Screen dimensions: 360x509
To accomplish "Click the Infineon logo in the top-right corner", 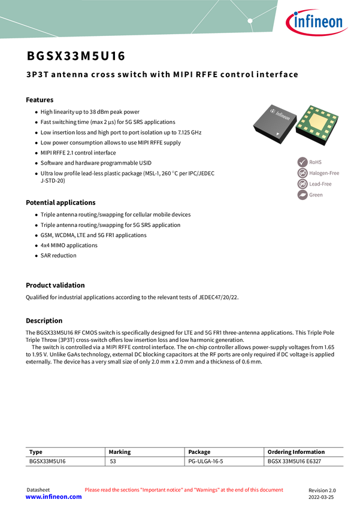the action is tap(317, 23).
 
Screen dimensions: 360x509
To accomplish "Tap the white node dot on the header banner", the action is tap(250, 21).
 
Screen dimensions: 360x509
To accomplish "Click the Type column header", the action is tap(36, 452).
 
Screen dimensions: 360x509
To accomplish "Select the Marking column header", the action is tap(120, 452).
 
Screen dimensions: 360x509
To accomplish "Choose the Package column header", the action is tap(199, 452).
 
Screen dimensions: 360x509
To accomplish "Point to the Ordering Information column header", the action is tap(296, 452).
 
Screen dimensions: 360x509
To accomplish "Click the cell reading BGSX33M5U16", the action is tap(47, 462).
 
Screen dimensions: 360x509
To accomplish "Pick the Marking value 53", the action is tap(113, 462).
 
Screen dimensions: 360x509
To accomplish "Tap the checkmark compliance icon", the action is tap(302, 162).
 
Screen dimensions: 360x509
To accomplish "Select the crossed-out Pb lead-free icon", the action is tap(302, 184).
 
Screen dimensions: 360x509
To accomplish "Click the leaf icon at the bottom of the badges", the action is tap(302, 195).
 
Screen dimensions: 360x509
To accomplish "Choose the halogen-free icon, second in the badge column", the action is tap(302, 173).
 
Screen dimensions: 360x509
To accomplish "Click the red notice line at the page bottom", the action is tap(183, 490).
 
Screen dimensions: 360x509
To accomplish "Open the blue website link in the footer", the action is tap(53, 496).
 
